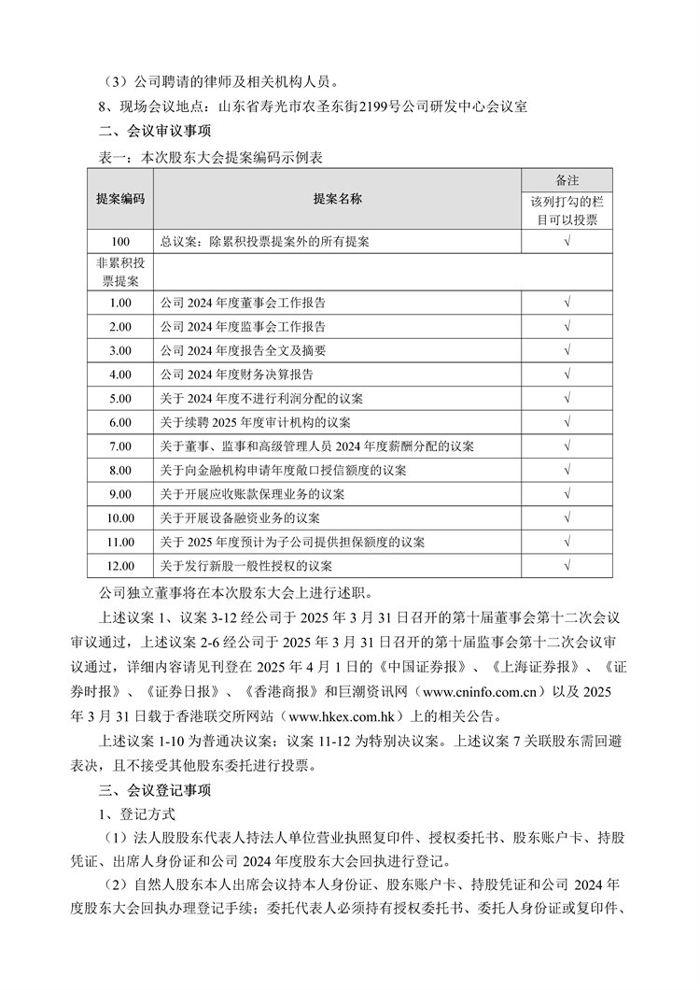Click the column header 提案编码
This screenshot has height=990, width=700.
[120, 200]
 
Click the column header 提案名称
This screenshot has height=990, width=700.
[337, 200]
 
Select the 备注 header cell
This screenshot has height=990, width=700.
[567, 179]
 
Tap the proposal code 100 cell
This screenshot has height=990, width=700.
[120, 241]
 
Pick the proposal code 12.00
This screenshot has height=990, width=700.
[120, 566]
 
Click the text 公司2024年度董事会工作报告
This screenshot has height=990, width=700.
[243, 303]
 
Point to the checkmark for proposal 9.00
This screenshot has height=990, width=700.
[567, 494]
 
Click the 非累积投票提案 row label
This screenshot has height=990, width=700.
[120, 272]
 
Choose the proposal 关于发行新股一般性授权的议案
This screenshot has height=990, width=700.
[245, 566]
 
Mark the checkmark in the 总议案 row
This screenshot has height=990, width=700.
[567, 241]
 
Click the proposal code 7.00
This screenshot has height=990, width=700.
[120, 446]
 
